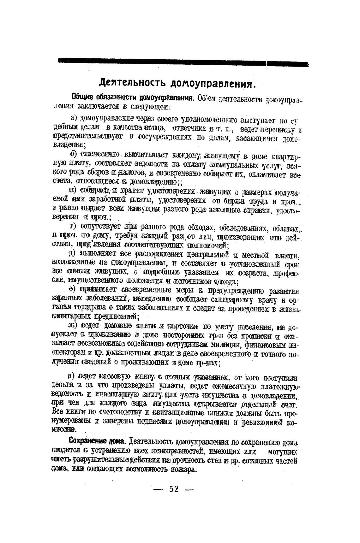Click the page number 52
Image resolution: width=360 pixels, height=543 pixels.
(174, 489)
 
